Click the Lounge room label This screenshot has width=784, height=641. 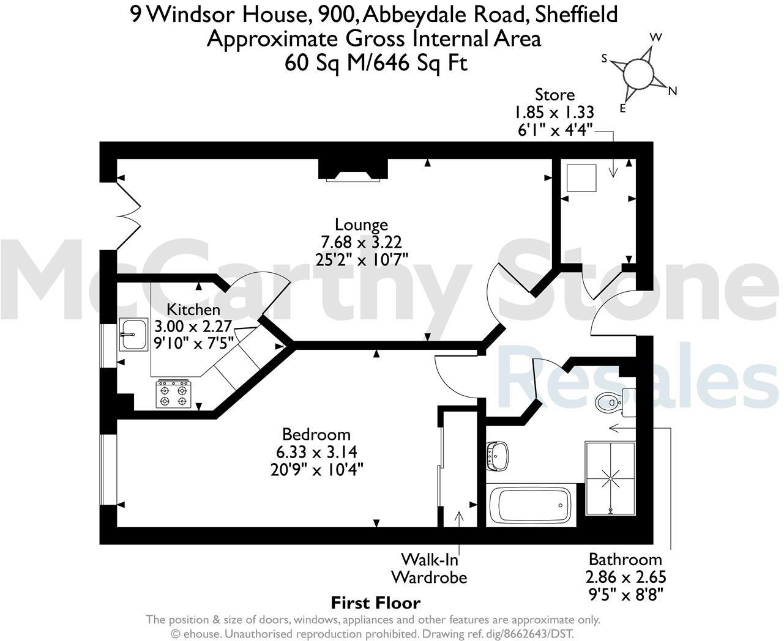pos(361,224)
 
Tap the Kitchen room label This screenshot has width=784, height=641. pos(193,309)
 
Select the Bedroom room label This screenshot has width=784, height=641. pos(316,434)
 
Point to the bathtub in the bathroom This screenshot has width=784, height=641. pos(531,505)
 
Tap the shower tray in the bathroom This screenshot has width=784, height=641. pos(610,478)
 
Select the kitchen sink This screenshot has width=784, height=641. pos(133,334)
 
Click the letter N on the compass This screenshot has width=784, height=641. pos(673,92)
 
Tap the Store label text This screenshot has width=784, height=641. pos(554,95)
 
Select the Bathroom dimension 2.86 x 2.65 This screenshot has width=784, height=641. pos(625,577)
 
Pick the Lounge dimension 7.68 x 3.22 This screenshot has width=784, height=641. pos(361,241)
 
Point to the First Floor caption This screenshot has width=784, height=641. pos(376,603)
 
